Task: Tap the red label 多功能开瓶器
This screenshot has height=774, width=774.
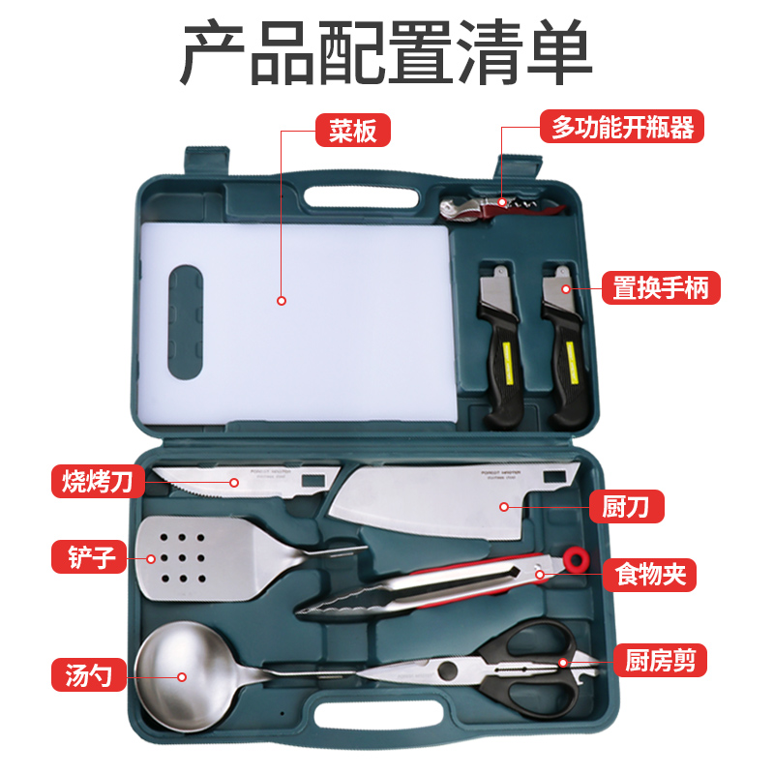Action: (x=622, y=127)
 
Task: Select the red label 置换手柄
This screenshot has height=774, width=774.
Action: (x=666, y=287)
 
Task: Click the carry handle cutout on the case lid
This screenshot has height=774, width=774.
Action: (x=364, y=192)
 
